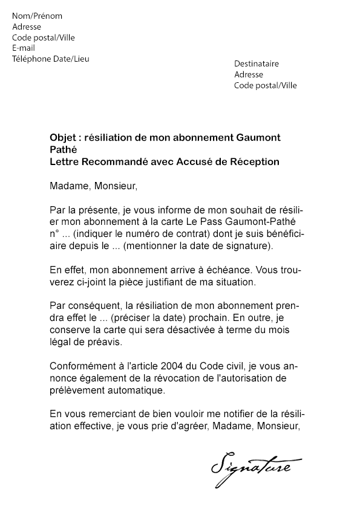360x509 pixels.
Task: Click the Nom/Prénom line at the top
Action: pyautogui.click(x=37, y=16)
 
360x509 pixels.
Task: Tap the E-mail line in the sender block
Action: pyautogui.click(x=24, y=48)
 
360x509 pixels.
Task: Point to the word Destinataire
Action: pyautogui.click(x=257, y=63)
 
